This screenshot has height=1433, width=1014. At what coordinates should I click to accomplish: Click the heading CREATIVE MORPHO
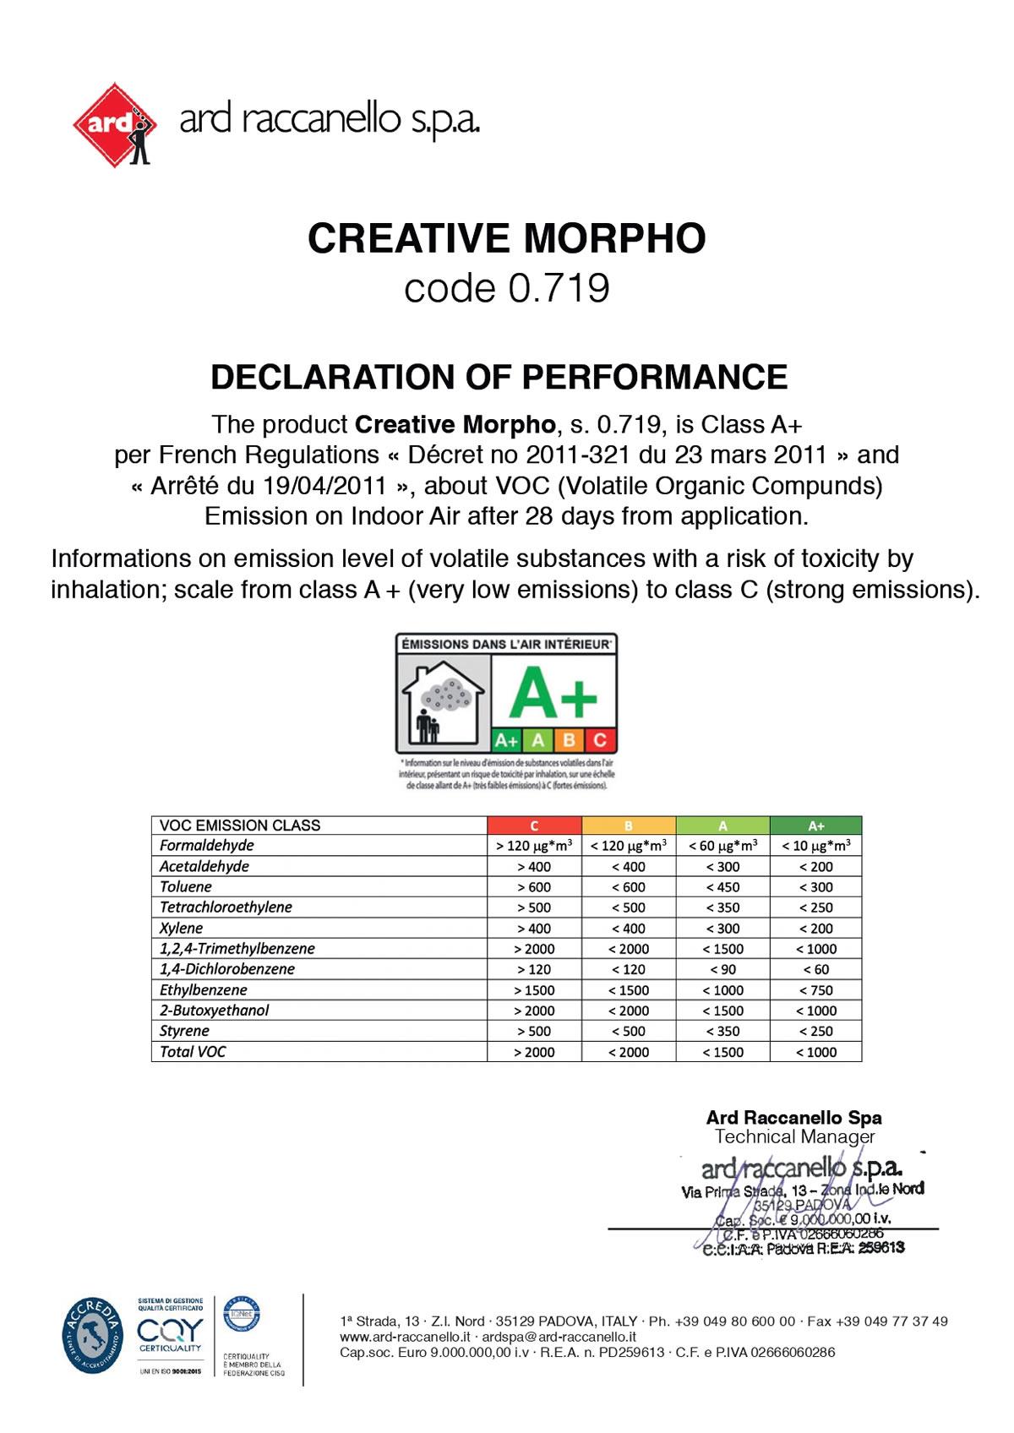coord(506,238)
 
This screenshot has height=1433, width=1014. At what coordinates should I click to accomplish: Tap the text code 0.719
coord(506,288)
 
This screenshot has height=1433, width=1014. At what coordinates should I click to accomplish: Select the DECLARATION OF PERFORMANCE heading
coord(499,377)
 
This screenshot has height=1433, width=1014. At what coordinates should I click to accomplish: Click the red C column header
coord(534,825)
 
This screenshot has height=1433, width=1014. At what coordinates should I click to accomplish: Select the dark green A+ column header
coord(815,825)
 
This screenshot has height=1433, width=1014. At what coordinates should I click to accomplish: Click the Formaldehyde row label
coord(207,845)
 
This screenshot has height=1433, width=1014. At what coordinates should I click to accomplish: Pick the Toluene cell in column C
coord(534,887)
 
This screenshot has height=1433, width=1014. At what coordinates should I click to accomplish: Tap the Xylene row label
coord(182,928)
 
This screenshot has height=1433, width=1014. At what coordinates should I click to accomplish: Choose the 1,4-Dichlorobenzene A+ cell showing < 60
coord(815,969)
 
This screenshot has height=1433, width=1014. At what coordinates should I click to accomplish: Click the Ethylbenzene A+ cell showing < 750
coord(815,990)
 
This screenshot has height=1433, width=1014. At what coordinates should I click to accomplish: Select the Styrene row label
coord(184,1031)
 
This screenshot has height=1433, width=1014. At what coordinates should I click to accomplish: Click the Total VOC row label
coord(193,1052)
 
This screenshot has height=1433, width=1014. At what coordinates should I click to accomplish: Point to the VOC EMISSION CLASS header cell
coord(240,825)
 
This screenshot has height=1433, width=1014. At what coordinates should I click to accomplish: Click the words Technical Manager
coord(794,1137)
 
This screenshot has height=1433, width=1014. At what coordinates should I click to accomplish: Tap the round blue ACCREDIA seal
coord(92,1335)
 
